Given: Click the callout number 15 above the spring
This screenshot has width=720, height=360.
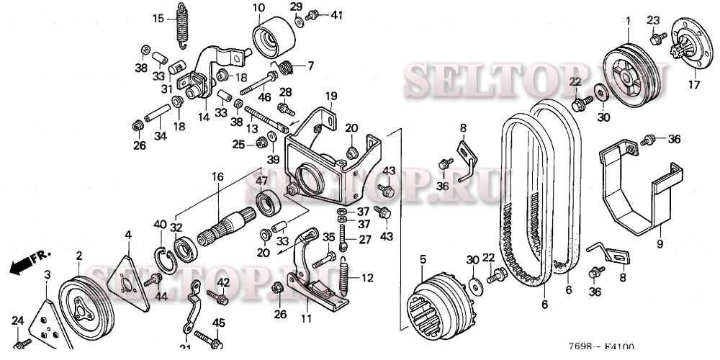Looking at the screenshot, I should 159,18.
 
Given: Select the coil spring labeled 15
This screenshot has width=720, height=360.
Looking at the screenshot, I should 184,25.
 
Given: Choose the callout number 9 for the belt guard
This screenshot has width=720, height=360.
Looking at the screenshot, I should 659,244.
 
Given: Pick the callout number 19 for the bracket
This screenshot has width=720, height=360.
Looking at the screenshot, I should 330,95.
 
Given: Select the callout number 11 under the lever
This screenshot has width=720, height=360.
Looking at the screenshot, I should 307,318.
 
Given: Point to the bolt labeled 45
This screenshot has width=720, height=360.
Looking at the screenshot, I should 204,337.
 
